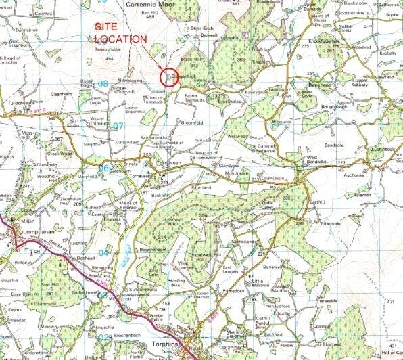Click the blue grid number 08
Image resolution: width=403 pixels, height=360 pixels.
pyautogui.click(x=103, y=83)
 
